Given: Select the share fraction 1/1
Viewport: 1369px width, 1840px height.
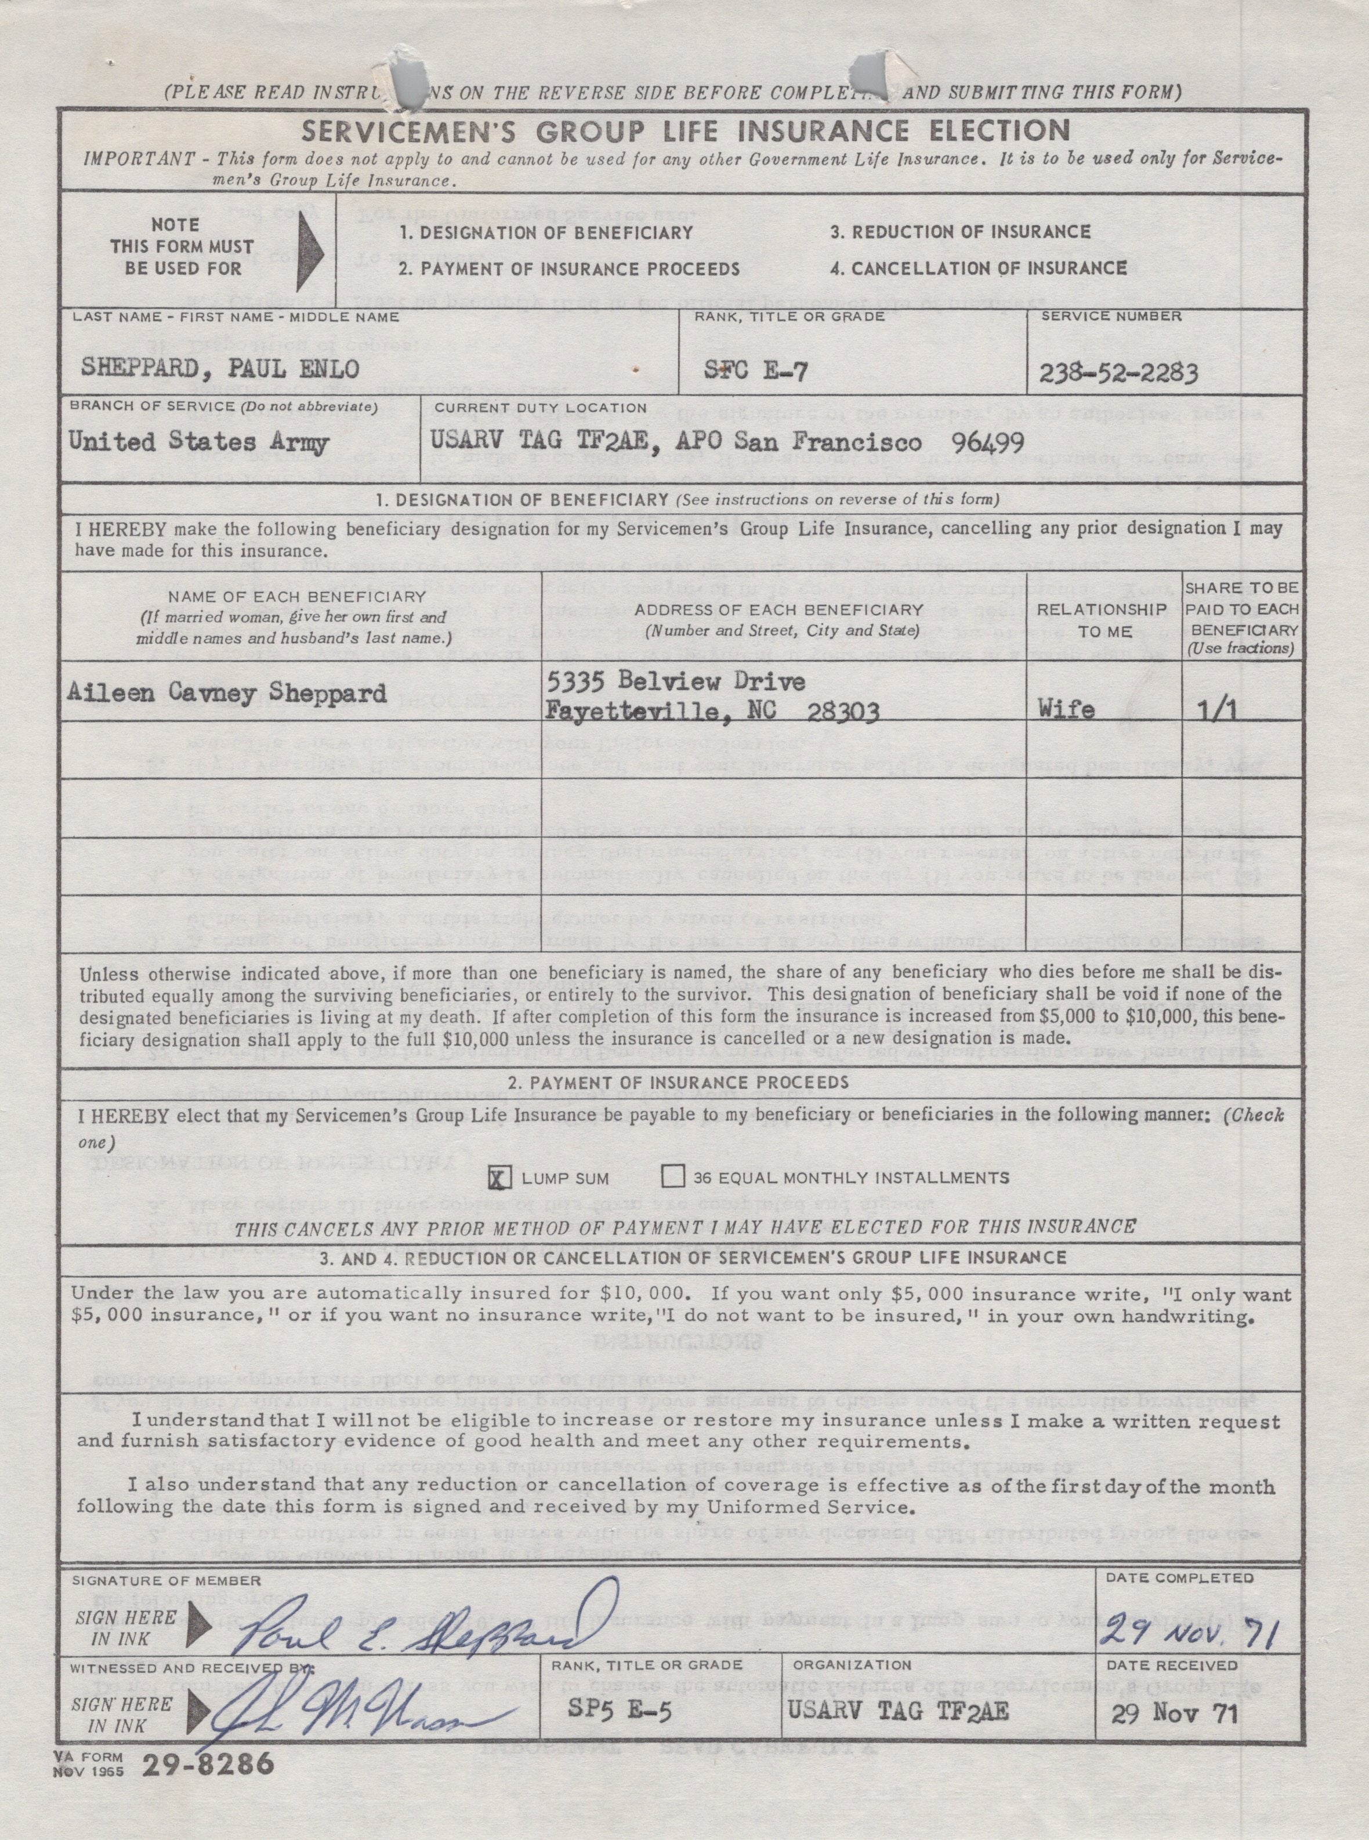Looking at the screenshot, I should click(x=1240, y=710).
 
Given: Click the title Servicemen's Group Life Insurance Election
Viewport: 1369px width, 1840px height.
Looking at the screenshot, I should click(x=684, y=131).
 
